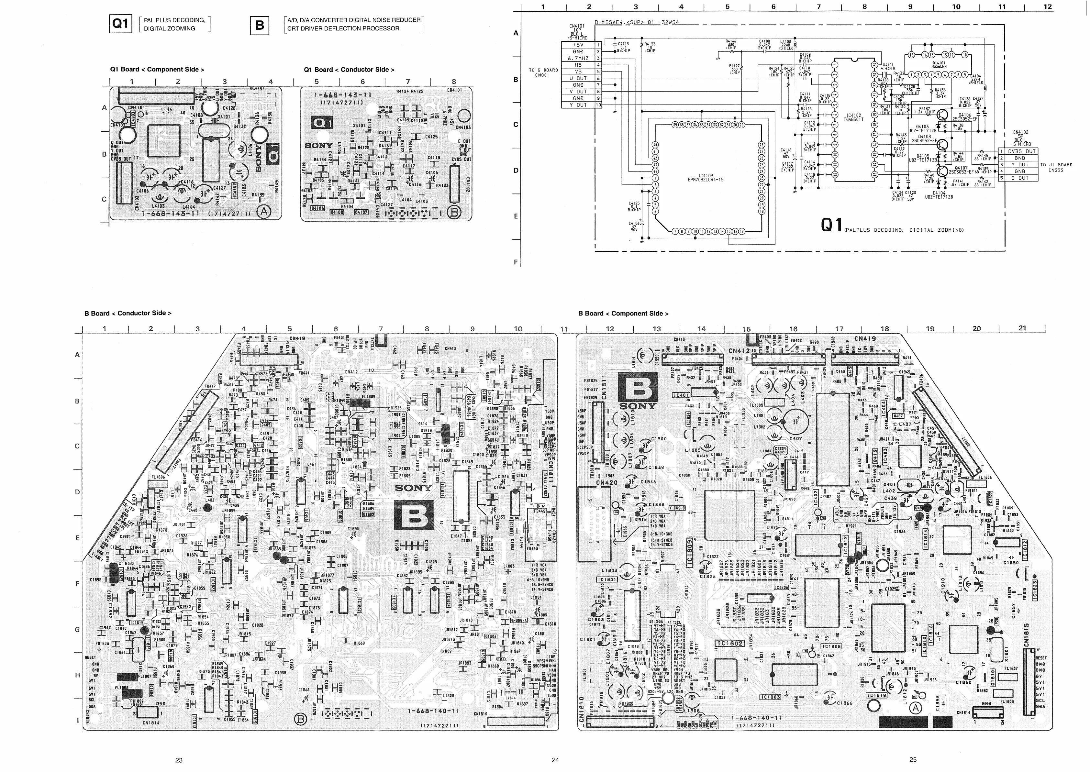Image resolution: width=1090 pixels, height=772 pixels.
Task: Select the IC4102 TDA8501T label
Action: [x=854, y=117]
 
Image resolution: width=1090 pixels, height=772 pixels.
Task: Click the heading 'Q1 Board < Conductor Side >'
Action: [x=349, y=70]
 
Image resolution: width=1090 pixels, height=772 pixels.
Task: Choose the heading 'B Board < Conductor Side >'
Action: [x=128, y=313]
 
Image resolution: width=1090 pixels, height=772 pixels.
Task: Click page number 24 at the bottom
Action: [x=555, y=760]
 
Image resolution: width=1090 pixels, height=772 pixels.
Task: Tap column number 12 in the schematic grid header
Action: [x=1048, y=7]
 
